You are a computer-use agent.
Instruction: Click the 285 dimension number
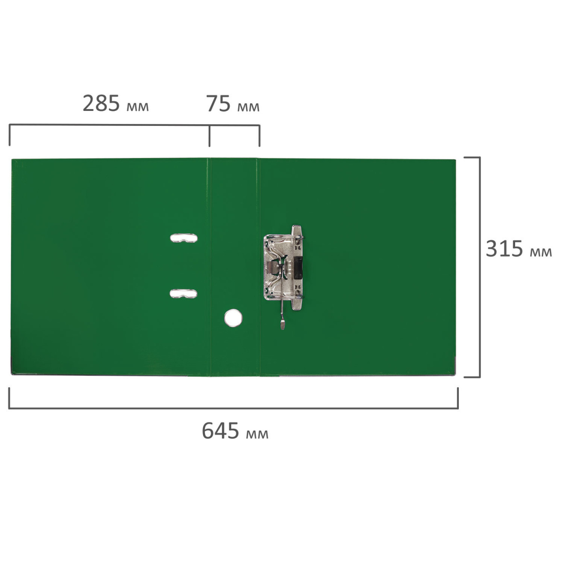click(101, 103)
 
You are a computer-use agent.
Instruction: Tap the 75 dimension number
click(219, 103)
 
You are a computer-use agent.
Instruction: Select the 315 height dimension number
click(504, 249)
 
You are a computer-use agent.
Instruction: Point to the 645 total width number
click(220, 431)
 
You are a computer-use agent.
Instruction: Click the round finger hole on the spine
click(233, 318)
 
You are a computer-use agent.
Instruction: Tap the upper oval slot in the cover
click(184, 238)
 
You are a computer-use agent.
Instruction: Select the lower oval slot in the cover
click(183, 294)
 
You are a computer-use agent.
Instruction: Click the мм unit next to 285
click(138, 107)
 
